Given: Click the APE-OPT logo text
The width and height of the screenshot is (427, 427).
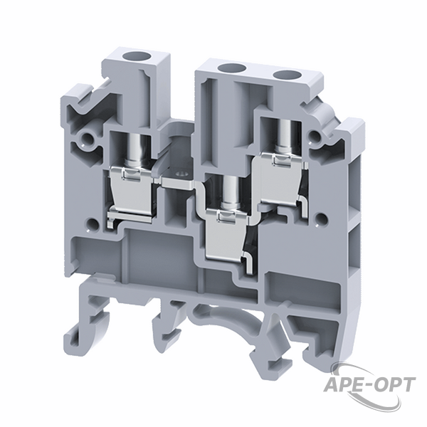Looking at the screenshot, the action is pyautogui.click(x=369, y=385).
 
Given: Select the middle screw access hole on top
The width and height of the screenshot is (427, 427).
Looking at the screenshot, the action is pyautogui.click(x=229, y=68).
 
